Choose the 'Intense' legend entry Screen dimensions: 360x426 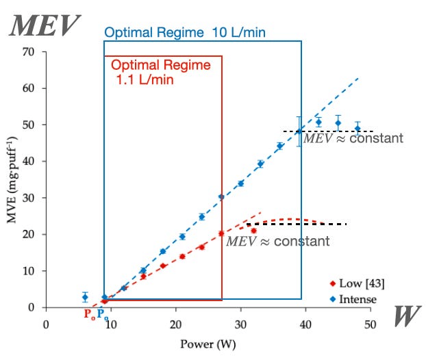[x=353, y=299]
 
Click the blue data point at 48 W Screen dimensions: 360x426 [x=357, y=129]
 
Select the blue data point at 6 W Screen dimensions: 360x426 [x=85, y=297]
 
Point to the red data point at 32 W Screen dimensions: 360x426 [x=253, y=231]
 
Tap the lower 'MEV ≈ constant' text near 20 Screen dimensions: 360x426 [x=278, y=242]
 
